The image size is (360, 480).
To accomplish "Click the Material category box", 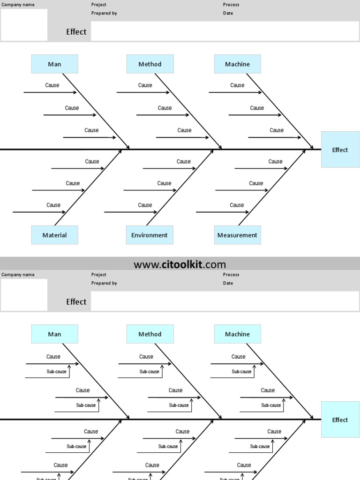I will click(x=54, y=235).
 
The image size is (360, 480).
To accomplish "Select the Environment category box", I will click(x=149, y=235).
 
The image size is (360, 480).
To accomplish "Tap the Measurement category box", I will click(x=237, y=235).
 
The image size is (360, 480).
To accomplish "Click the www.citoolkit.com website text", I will click(x=180, y=264).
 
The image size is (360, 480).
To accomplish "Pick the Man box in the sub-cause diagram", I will click(x=54, y=334).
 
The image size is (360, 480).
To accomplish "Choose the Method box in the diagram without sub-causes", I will click(x=150, y=64).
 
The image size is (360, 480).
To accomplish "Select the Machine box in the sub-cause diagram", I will click(x=237, y=334).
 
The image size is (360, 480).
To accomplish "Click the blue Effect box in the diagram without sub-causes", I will click(x=340, y=150).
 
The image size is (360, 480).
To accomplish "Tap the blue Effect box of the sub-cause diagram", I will click(x=340, y=420).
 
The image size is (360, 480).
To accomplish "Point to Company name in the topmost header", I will click(x=18, y=5).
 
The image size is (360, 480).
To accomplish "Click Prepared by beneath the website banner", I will click(x=104, y=283).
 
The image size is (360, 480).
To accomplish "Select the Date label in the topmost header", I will click(x=228, y=13).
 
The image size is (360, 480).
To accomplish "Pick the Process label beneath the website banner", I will click(x=231, y=275).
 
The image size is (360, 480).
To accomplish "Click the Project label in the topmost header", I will click(x=99, y=5).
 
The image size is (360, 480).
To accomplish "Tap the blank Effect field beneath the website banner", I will click(x=225, y=302).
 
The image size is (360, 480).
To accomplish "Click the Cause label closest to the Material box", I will click(x=53, y=205).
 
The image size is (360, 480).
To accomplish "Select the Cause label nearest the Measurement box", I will click(x=237, y=205).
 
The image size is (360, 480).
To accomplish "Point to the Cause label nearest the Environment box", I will click(x=145, y=205).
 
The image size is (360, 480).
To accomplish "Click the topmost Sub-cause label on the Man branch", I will click(x=56, y=371).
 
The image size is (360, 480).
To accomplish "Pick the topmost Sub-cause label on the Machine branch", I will click(x=241, y=371).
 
